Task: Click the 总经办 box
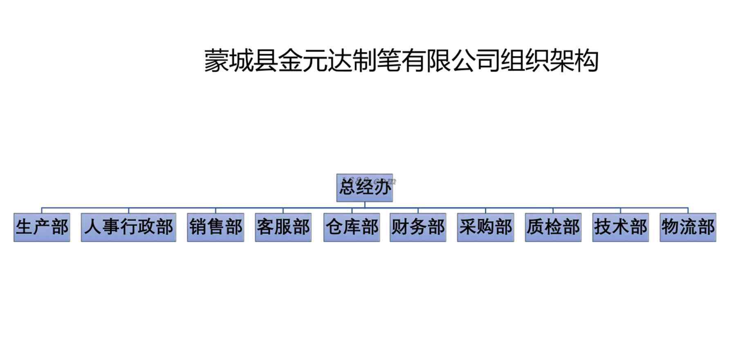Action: click(364, 188)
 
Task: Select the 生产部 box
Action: click(42, 227)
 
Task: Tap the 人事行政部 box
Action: click(128, 227)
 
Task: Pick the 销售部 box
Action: click(215, 227)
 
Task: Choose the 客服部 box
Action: click(283, 227)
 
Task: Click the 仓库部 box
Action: click(352, 227)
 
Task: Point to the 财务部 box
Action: click(418, 227)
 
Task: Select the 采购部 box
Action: click(485, 227)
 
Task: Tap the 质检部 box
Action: click(553, 227)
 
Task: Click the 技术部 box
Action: click(620, 227)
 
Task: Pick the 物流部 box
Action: click(688, 227)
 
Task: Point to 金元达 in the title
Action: click(315, 61)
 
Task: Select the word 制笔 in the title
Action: click(376, 61)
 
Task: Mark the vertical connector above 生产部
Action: click(42, 210)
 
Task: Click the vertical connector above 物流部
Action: click(688, 210)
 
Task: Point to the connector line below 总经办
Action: click(365, 205)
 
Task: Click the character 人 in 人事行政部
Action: click(92, 227)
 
